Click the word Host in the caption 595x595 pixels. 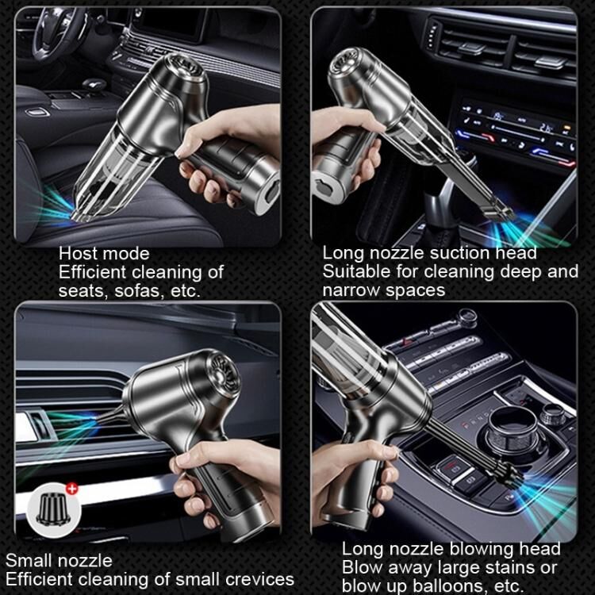tap(78, 254)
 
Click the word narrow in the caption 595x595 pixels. tap(351, 290)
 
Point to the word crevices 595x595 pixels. tap(259, 579)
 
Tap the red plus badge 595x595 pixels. tap(71, 489)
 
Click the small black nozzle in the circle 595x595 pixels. tap(53, 509)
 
